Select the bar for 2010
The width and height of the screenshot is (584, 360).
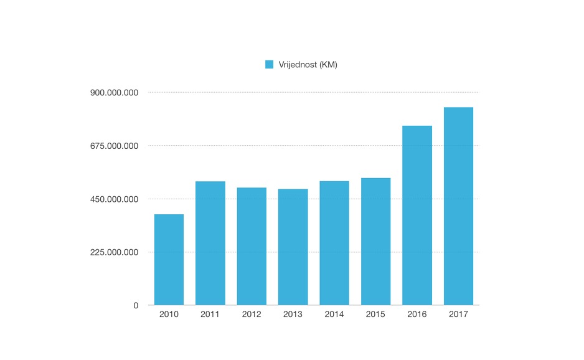169,260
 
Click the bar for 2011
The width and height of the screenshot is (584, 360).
210,243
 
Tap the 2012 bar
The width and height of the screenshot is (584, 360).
252,246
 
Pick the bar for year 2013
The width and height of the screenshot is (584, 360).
293,247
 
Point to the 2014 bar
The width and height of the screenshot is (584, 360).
334,243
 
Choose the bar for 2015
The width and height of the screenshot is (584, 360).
375,242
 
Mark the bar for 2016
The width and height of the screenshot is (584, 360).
417,216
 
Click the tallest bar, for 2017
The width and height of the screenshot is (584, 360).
458,206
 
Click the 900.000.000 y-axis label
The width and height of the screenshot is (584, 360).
114,93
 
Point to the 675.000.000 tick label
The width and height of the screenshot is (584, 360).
114,146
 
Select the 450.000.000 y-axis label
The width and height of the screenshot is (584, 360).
114,199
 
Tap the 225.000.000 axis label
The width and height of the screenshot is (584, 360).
114,252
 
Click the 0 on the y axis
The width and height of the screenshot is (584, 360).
135,305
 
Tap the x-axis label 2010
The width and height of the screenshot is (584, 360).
169,315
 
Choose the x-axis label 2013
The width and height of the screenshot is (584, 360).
293,315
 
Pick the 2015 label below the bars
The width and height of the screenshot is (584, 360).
375,315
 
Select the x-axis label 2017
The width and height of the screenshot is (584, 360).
458,315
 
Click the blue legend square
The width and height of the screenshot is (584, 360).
270,64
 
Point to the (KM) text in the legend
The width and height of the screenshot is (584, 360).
327,64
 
